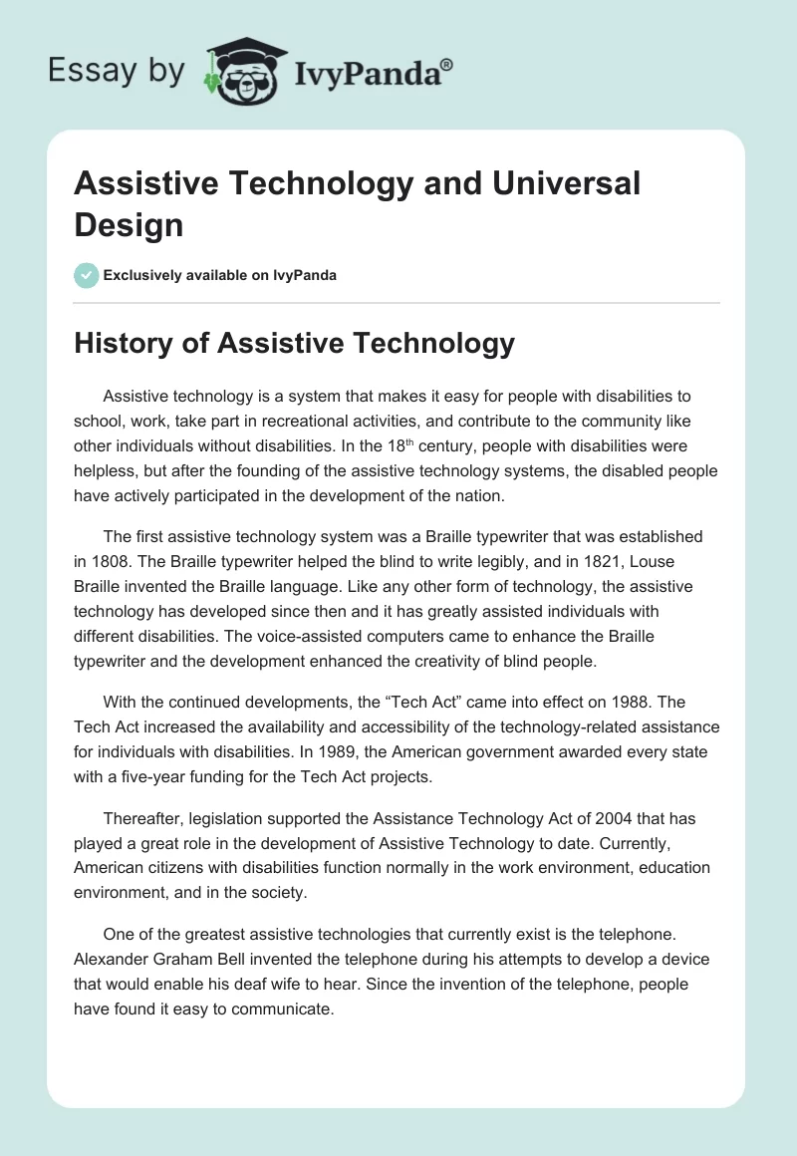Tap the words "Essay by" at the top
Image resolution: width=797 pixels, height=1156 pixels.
coord(116,71)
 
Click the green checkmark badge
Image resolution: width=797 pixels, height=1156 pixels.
coord(87,275)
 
